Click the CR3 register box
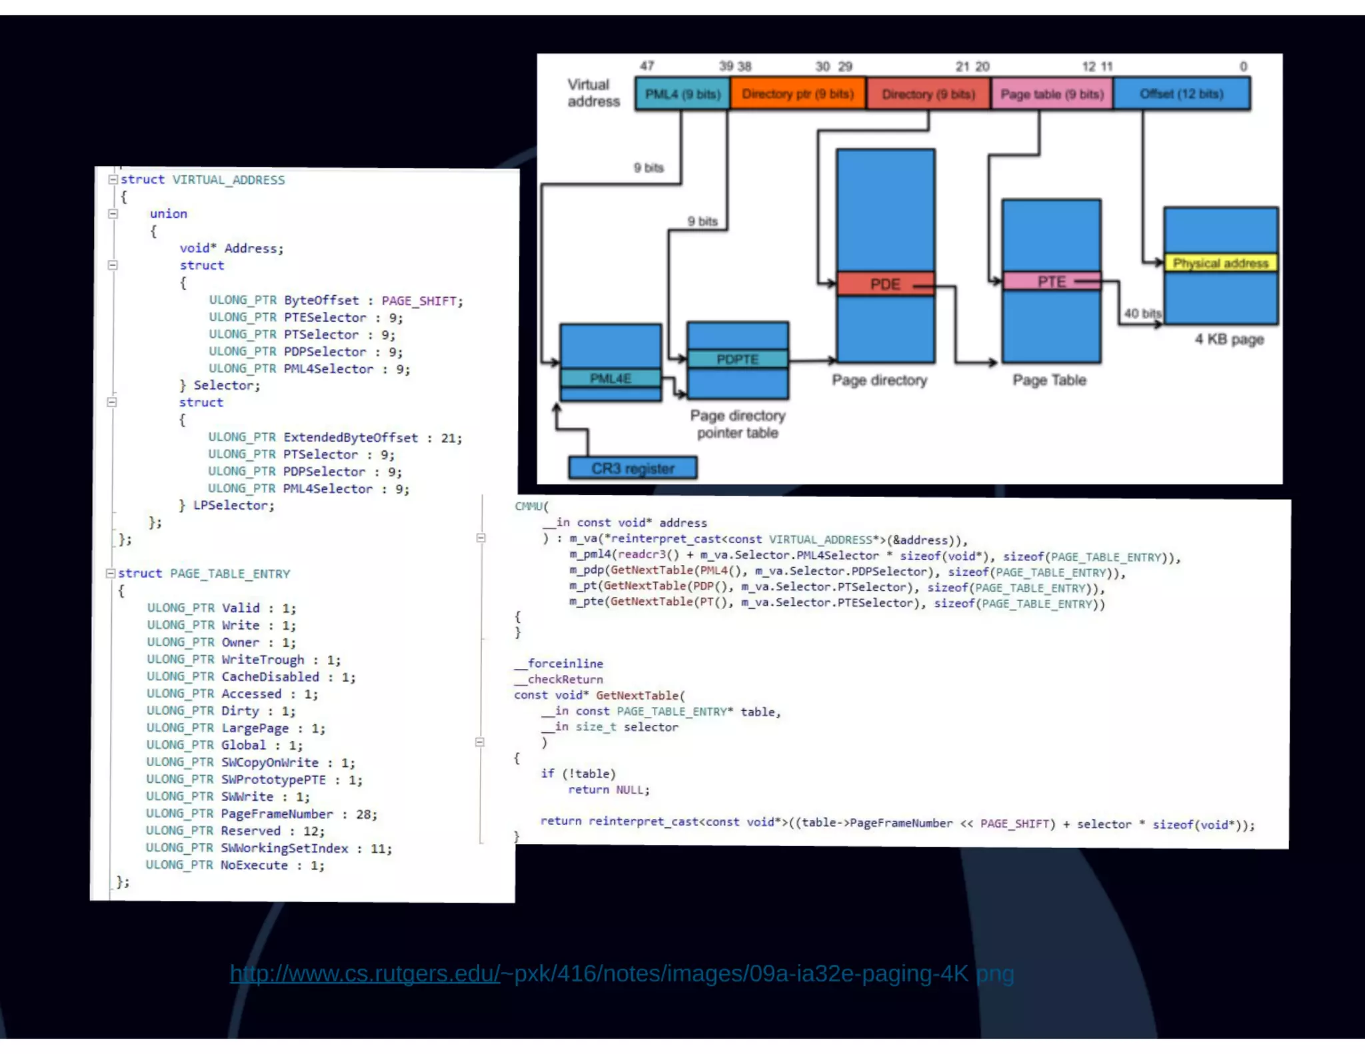[x=633, y=468]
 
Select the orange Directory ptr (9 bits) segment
[x=798, y=94]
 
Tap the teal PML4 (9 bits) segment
[x=682, y=94]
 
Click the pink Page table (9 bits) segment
[x=1052, y=94]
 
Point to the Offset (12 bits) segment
[x=1181, y=94]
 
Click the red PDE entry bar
[x=885, y=284]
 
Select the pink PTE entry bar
[x=1051, y=282]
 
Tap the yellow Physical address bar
[x=1220, y=263]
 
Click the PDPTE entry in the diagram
[x=737, y=360]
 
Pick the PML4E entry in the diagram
[x=610, y=378]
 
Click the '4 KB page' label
[x=1229, y=340]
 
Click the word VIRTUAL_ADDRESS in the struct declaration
[x=229, y=180]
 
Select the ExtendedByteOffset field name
[x=351, y=438]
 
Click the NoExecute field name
[x=255, y=865]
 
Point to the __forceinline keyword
[x=559, y=664]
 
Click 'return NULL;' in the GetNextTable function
[x=609, y=790]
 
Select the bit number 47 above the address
[x=647, y=66]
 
